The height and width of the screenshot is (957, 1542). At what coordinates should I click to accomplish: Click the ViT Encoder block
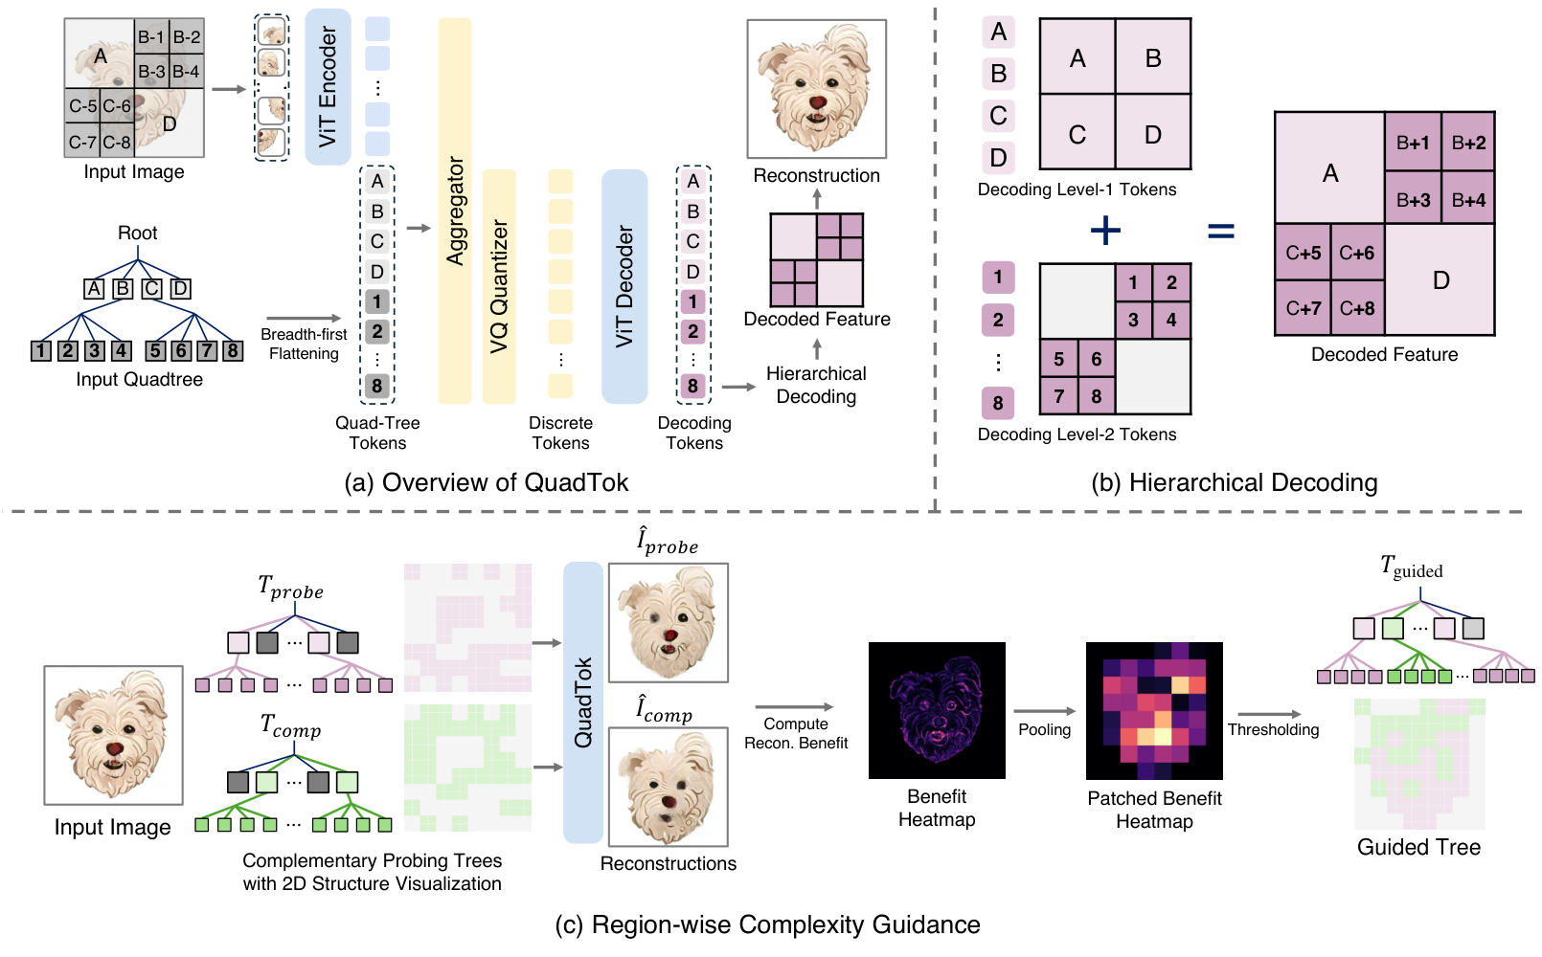click(328, 87)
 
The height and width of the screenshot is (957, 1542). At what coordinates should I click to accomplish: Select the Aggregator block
click(455, 211)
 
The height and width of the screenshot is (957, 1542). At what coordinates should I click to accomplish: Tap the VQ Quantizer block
click(499, 286)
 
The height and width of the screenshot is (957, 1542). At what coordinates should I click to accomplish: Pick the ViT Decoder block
click(624, 286)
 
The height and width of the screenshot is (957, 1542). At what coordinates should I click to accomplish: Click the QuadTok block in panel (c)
click(583, 702)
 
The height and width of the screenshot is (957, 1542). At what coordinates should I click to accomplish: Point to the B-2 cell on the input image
click(187, 36)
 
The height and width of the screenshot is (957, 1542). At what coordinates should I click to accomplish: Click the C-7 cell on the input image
click(82, 141)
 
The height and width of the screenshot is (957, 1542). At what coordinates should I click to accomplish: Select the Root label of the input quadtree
click(138, 233)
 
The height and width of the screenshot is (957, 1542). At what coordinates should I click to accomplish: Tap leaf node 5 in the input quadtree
click(155, 351)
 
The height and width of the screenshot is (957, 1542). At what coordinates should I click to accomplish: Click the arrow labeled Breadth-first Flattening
click(304, 318)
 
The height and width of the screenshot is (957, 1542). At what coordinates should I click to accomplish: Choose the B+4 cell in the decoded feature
click(1468, 199)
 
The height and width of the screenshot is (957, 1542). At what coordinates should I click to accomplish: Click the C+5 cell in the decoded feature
click(1304, 253)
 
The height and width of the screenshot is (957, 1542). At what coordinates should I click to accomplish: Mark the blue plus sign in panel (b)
click(1105, 230)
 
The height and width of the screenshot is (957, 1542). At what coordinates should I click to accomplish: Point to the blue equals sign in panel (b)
click(1221, 230)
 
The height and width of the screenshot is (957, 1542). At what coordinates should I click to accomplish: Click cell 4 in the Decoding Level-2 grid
click(1171, 320)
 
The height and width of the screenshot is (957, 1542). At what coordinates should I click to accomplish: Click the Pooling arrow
click(1044, 711)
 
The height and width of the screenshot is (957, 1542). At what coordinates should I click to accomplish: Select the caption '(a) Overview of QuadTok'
click(486, 482)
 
